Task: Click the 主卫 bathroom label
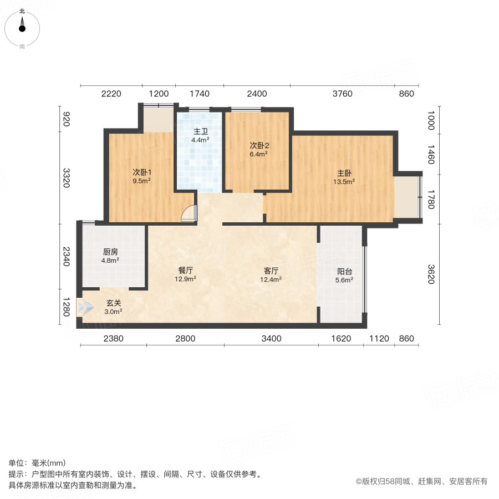(x=200, y=132)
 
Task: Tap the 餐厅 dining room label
(x=185, y=271)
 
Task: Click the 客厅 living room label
(x=271, y=271)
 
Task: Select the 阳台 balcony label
(x=345, y=272)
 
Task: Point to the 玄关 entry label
(x=114, y=303)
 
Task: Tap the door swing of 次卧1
(x=190, y=213)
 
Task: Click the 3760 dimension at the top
(x=342, y=94)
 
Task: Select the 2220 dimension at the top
(x=111, y=94)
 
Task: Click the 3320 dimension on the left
(x=67, y=178)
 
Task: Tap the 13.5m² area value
(x=344, y=181)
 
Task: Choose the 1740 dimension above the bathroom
(x=199, y=94)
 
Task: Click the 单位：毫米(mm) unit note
(x=37, y=463)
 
